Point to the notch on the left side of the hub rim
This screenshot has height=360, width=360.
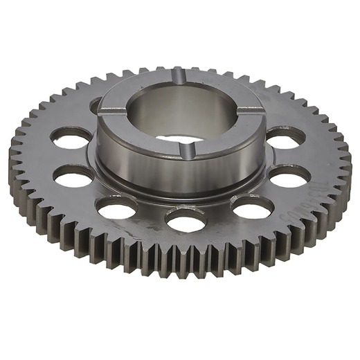104,109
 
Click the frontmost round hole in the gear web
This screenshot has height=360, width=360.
186,220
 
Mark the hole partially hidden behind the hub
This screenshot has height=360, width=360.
96,106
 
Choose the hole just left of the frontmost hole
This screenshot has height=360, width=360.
117,206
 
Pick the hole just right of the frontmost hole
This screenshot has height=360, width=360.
253,206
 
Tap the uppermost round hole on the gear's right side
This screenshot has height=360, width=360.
284,136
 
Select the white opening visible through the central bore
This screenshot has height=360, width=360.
181,138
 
